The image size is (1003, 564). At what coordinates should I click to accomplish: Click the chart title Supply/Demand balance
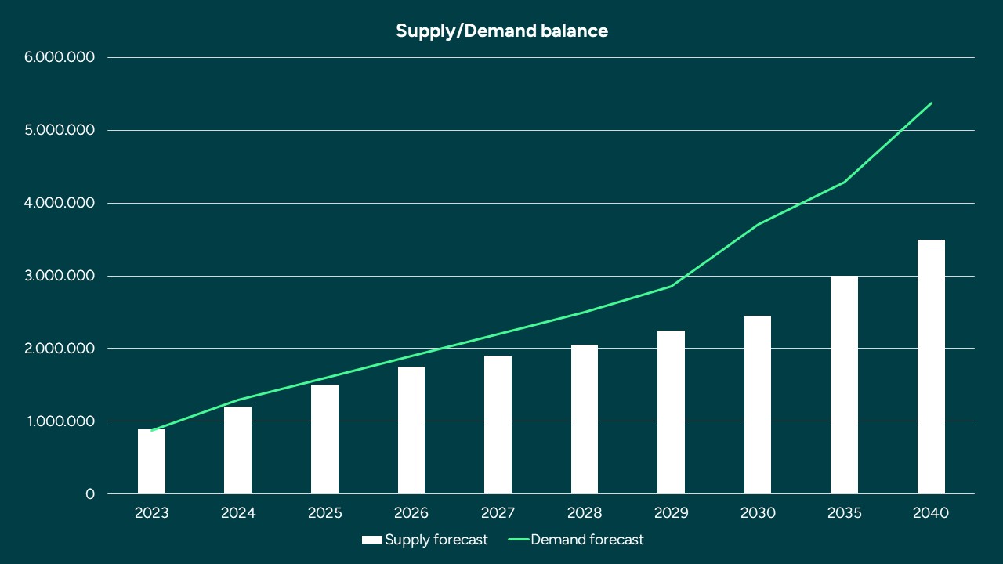point(501,31)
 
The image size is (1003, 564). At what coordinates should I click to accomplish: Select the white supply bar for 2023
point(151,462)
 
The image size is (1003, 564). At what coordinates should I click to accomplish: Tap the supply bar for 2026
point(411,431)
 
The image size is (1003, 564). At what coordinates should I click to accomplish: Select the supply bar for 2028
point(585,419)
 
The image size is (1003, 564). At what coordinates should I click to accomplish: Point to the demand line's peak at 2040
point(931,103)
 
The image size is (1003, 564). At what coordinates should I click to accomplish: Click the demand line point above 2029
point(672,286)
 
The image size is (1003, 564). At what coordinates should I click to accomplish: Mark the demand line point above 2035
point(844,182)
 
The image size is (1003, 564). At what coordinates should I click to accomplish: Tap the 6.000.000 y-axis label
point(60,57)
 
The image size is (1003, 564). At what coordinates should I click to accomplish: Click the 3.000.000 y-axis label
point(60,276)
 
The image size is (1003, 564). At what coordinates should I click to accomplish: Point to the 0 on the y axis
point(90,494)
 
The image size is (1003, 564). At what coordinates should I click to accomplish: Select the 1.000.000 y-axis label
point(60,421)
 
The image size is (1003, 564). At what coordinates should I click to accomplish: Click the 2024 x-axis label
point(238,514)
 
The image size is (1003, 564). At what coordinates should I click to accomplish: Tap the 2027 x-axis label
point(498,514)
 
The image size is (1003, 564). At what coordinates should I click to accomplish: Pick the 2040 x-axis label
point(931,514)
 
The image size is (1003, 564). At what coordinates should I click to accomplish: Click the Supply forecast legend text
point(436,540)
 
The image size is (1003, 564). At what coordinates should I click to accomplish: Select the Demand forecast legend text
point(587,540)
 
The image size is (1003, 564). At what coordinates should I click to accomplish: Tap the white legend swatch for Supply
point(371,540)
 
